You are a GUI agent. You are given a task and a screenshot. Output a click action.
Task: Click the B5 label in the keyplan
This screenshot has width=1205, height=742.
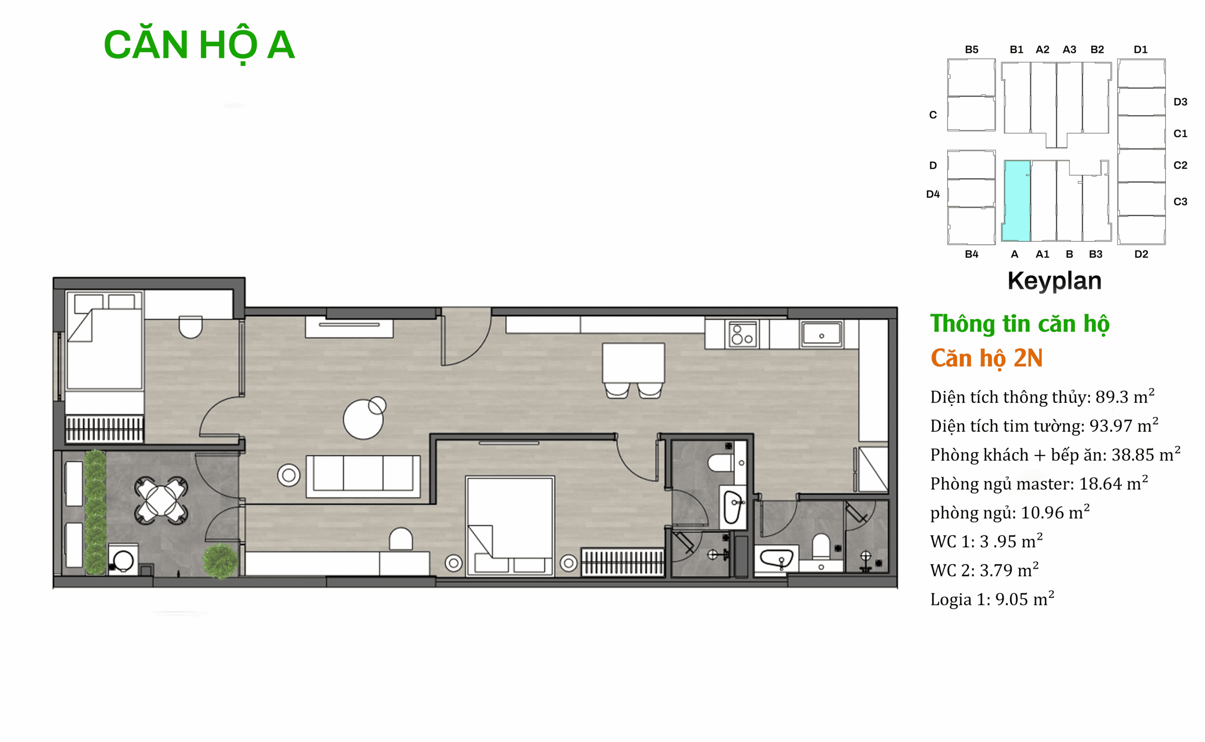tap(972, 49)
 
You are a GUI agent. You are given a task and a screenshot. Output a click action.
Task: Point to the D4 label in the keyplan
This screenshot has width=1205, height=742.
tap(932, 194)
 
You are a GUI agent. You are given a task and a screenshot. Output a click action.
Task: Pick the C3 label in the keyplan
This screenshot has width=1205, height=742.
tap(1180, 202)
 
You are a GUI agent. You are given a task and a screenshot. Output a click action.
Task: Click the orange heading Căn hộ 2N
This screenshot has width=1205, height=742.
tap(987, 359)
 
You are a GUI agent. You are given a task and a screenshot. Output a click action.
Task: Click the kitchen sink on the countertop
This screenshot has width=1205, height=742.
tap(822, 334)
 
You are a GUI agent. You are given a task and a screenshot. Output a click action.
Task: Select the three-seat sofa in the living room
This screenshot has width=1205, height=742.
tap(363, 476)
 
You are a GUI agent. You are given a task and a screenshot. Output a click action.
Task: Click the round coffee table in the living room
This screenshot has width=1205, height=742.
tap(364, 419)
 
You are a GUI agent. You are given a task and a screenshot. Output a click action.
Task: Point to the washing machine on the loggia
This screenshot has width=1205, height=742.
tap(123, 559)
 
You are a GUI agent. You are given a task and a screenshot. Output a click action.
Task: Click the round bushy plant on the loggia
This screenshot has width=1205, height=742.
tap(220, 560)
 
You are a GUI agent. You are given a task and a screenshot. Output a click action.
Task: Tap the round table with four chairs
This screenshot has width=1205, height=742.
tap(161, 500)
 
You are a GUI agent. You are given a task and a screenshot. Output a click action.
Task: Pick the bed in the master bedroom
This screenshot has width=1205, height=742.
tap(510, 526)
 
